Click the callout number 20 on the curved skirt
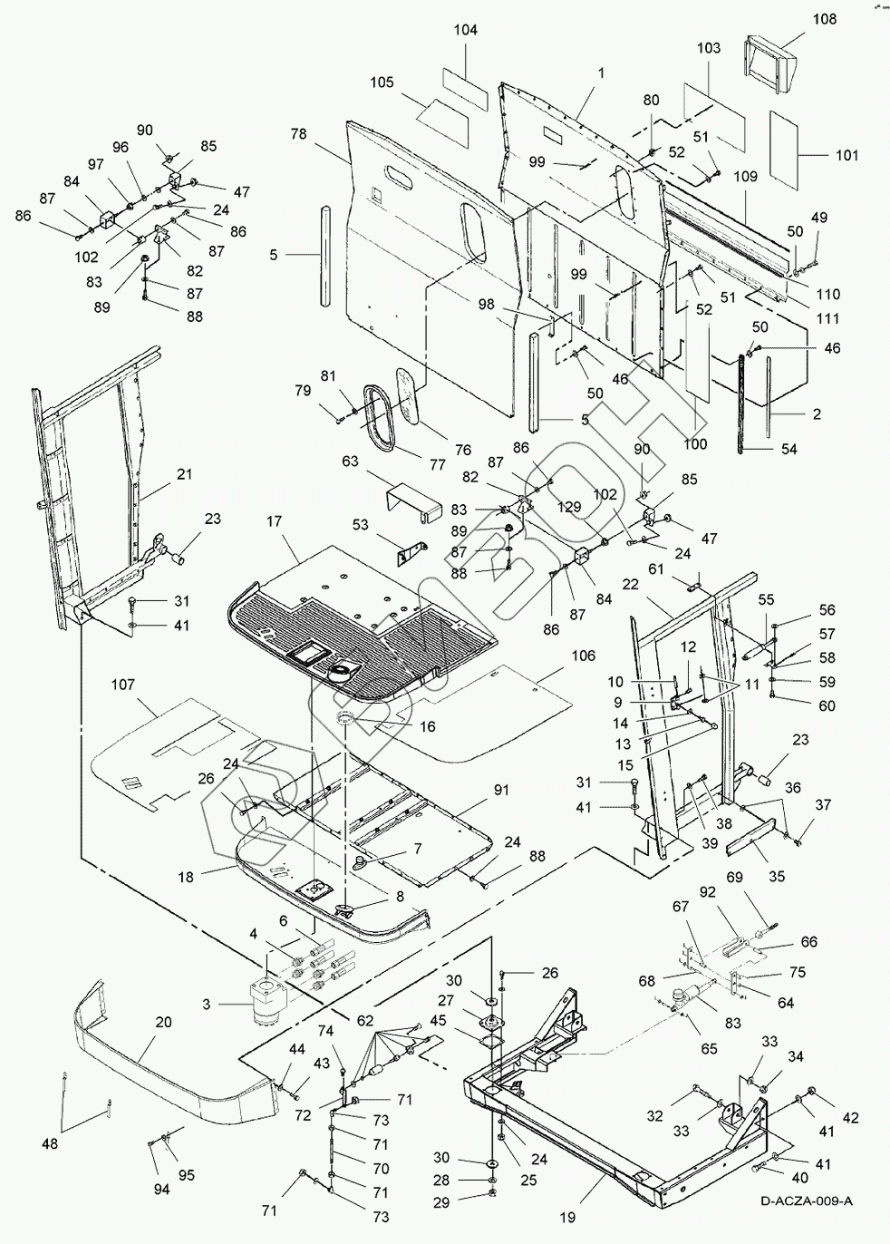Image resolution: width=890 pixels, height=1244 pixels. (163, 1021)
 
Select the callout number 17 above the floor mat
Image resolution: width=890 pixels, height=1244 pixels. (274, 522)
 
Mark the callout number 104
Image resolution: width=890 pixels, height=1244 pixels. (466, 30)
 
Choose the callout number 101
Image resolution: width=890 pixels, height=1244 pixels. (846, 155)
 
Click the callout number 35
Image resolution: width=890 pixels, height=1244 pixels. (776, 877)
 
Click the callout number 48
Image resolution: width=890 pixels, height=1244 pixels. (50, 1144)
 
